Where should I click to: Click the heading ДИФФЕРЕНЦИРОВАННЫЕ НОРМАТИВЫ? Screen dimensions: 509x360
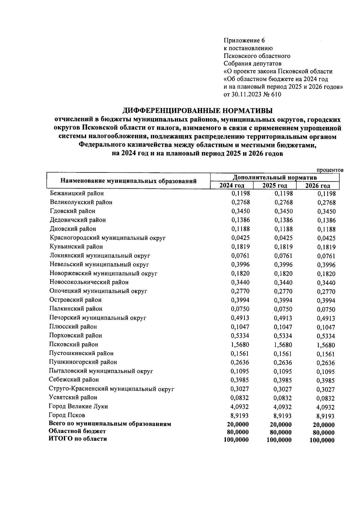click(198, 110)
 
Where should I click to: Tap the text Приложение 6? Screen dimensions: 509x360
click(245, 40)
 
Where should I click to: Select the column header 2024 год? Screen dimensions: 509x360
click(232, 185)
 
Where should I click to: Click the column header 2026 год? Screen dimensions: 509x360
click(318, 186)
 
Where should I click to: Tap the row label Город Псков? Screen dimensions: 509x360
click(67, 415)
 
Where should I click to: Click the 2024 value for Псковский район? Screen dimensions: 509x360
click(240, 345)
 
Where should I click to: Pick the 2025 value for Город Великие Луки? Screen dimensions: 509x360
click(283, 407)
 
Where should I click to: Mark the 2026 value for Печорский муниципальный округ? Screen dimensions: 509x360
click(326, 319)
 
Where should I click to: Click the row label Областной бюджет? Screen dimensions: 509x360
click(77, 431)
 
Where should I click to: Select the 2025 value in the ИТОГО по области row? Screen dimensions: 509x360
click(279, 440)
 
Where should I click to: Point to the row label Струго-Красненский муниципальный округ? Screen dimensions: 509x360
click(111, 389)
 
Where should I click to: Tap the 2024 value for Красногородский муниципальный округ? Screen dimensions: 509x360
click(240, 238)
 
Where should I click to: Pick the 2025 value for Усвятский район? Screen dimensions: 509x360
click(283, 398)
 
